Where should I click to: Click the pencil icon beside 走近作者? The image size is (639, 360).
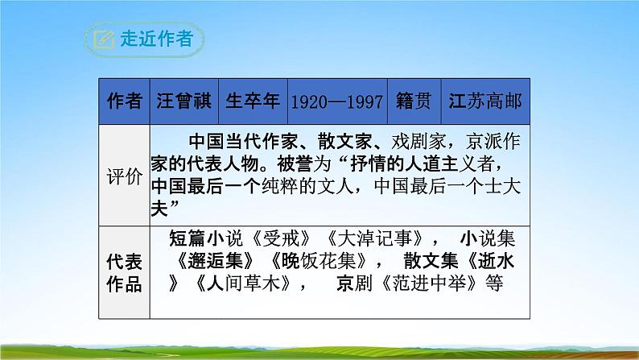point(103,38)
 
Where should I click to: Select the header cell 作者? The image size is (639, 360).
point(125,101)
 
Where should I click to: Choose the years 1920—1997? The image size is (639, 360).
point(336,101)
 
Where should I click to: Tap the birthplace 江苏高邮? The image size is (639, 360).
point(486,101)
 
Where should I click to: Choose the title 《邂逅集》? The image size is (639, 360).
point(216,260)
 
